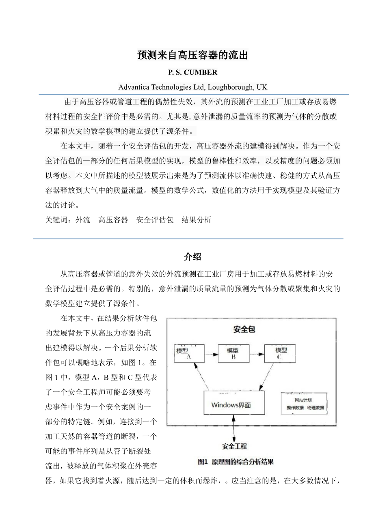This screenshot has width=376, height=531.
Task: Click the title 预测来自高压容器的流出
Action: [x=192, y=55]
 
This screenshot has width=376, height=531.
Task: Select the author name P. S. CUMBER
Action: [x=192, y=73]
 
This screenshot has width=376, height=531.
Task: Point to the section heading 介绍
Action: [x=192, y=257]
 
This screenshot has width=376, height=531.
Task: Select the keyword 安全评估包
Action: [x=155, y=220]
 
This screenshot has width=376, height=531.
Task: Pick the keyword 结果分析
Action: [x=196, y=220]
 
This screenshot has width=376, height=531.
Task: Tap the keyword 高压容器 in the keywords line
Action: [x=113, y=220]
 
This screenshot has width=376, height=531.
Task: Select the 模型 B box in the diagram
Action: [x=233, y=354]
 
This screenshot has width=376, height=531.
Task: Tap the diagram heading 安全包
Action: [x=244, y=329]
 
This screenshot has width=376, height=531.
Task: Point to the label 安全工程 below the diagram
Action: [x=234, y=446]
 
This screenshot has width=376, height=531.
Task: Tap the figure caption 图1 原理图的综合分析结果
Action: [x=236, y=462]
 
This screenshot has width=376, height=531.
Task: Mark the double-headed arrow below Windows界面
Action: [x=234, y=428]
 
